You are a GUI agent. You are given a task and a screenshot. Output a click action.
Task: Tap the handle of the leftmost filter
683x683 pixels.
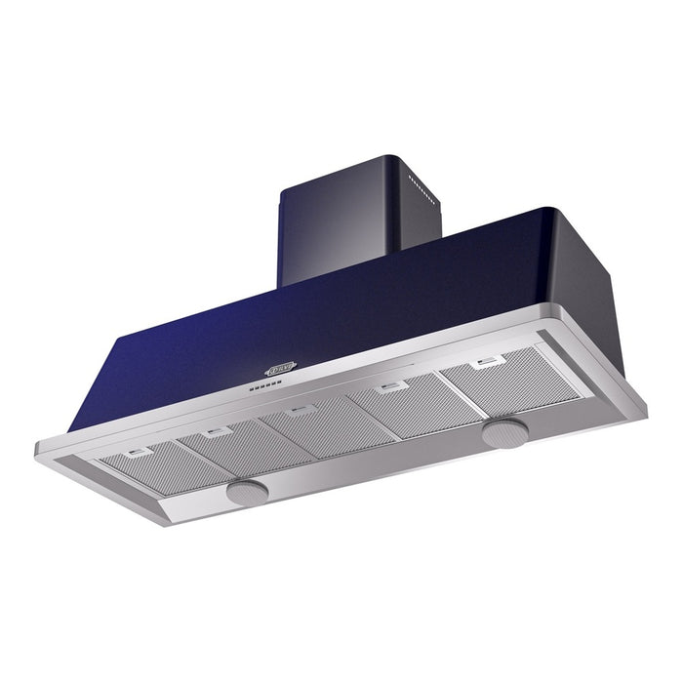pyautogui.click(x=140, y=452)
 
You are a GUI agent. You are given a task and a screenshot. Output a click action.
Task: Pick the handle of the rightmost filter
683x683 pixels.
pyautogui.click(x=485, y=364)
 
